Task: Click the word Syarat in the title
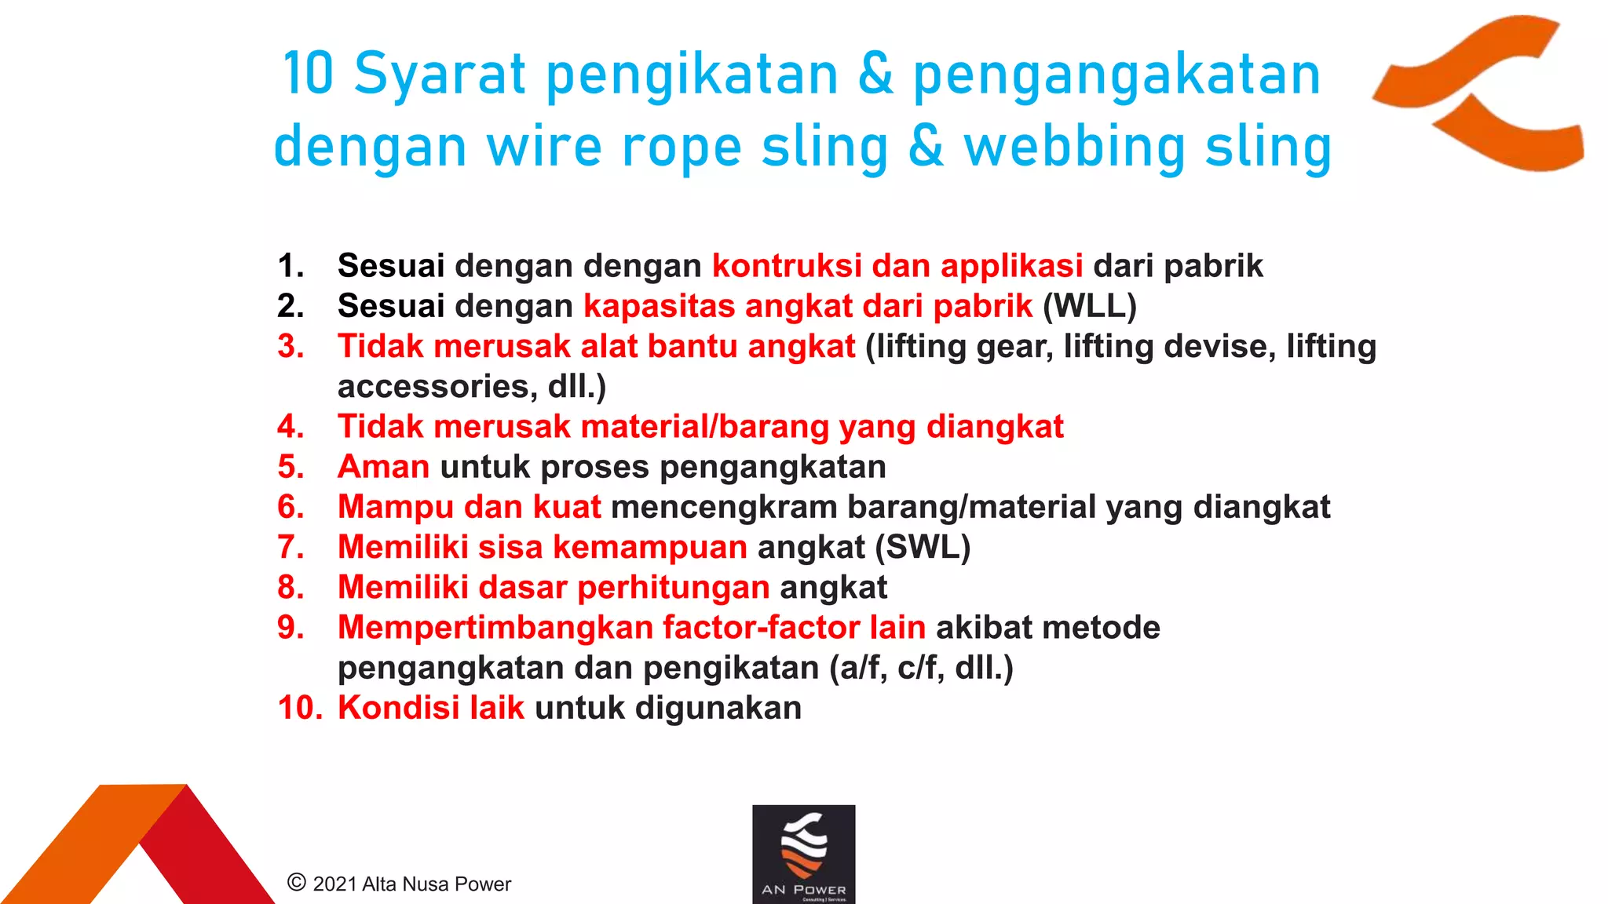pos(439,75)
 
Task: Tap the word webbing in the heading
pos(1075,148)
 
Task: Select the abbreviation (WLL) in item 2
pos(1089,306)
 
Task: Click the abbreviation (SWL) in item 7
pos(923,547)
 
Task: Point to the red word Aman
pos(383,467)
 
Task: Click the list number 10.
pos(299,708)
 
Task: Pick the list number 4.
pos(291,427)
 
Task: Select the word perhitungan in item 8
pos(674,588)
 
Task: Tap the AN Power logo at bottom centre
pos(803,854)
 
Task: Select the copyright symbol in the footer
pos(297,883)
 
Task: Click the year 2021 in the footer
pos(335,884)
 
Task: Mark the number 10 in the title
pos(308,75)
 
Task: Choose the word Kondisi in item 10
pos(398,708)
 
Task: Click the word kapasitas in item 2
pos(659,306)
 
